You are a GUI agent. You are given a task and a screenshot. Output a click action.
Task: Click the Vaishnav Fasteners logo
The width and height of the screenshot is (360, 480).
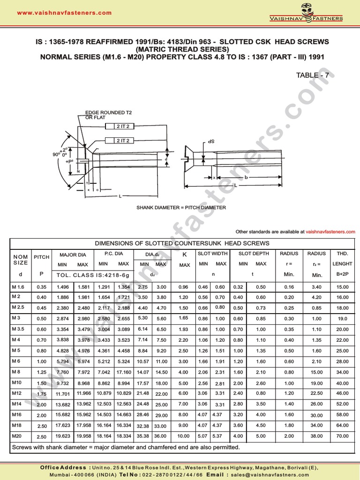306,13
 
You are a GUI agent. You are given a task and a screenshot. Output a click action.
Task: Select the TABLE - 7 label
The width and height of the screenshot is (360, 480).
315,75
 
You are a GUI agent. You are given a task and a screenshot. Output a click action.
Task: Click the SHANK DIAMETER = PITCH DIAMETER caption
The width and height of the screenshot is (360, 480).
181,207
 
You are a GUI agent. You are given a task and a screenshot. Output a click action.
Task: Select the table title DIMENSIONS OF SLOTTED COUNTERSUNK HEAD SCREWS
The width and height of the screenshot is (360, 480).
182,243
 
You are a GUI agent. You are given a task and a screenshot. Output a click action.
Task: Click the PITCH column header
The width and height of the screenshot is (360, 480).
41,257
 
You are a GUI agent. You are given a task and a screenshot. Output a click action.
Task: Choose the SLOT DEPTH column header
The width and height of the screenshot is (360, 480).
254,254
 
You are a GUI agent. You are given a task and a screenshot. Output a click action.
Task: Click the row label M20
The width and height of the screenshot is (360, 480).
18,436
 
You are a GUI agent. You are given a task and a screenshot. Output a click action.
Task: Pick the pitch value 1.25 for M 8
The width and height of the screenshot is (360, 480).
41,373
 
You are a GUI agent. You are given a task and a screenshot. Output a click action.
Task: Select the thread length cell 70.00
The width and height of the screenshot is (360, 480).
342,436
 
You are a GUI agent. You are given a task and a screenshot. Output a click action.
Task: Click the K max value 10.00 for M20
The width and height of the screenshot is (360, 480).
183,436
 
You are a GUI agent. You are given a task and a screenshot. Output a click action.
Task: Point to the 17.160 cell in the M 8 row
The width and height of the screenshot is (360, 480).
124,373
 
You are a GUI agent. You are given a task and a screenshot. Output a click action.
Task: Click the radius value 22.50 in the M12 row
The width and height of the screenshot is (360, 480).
316,393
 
